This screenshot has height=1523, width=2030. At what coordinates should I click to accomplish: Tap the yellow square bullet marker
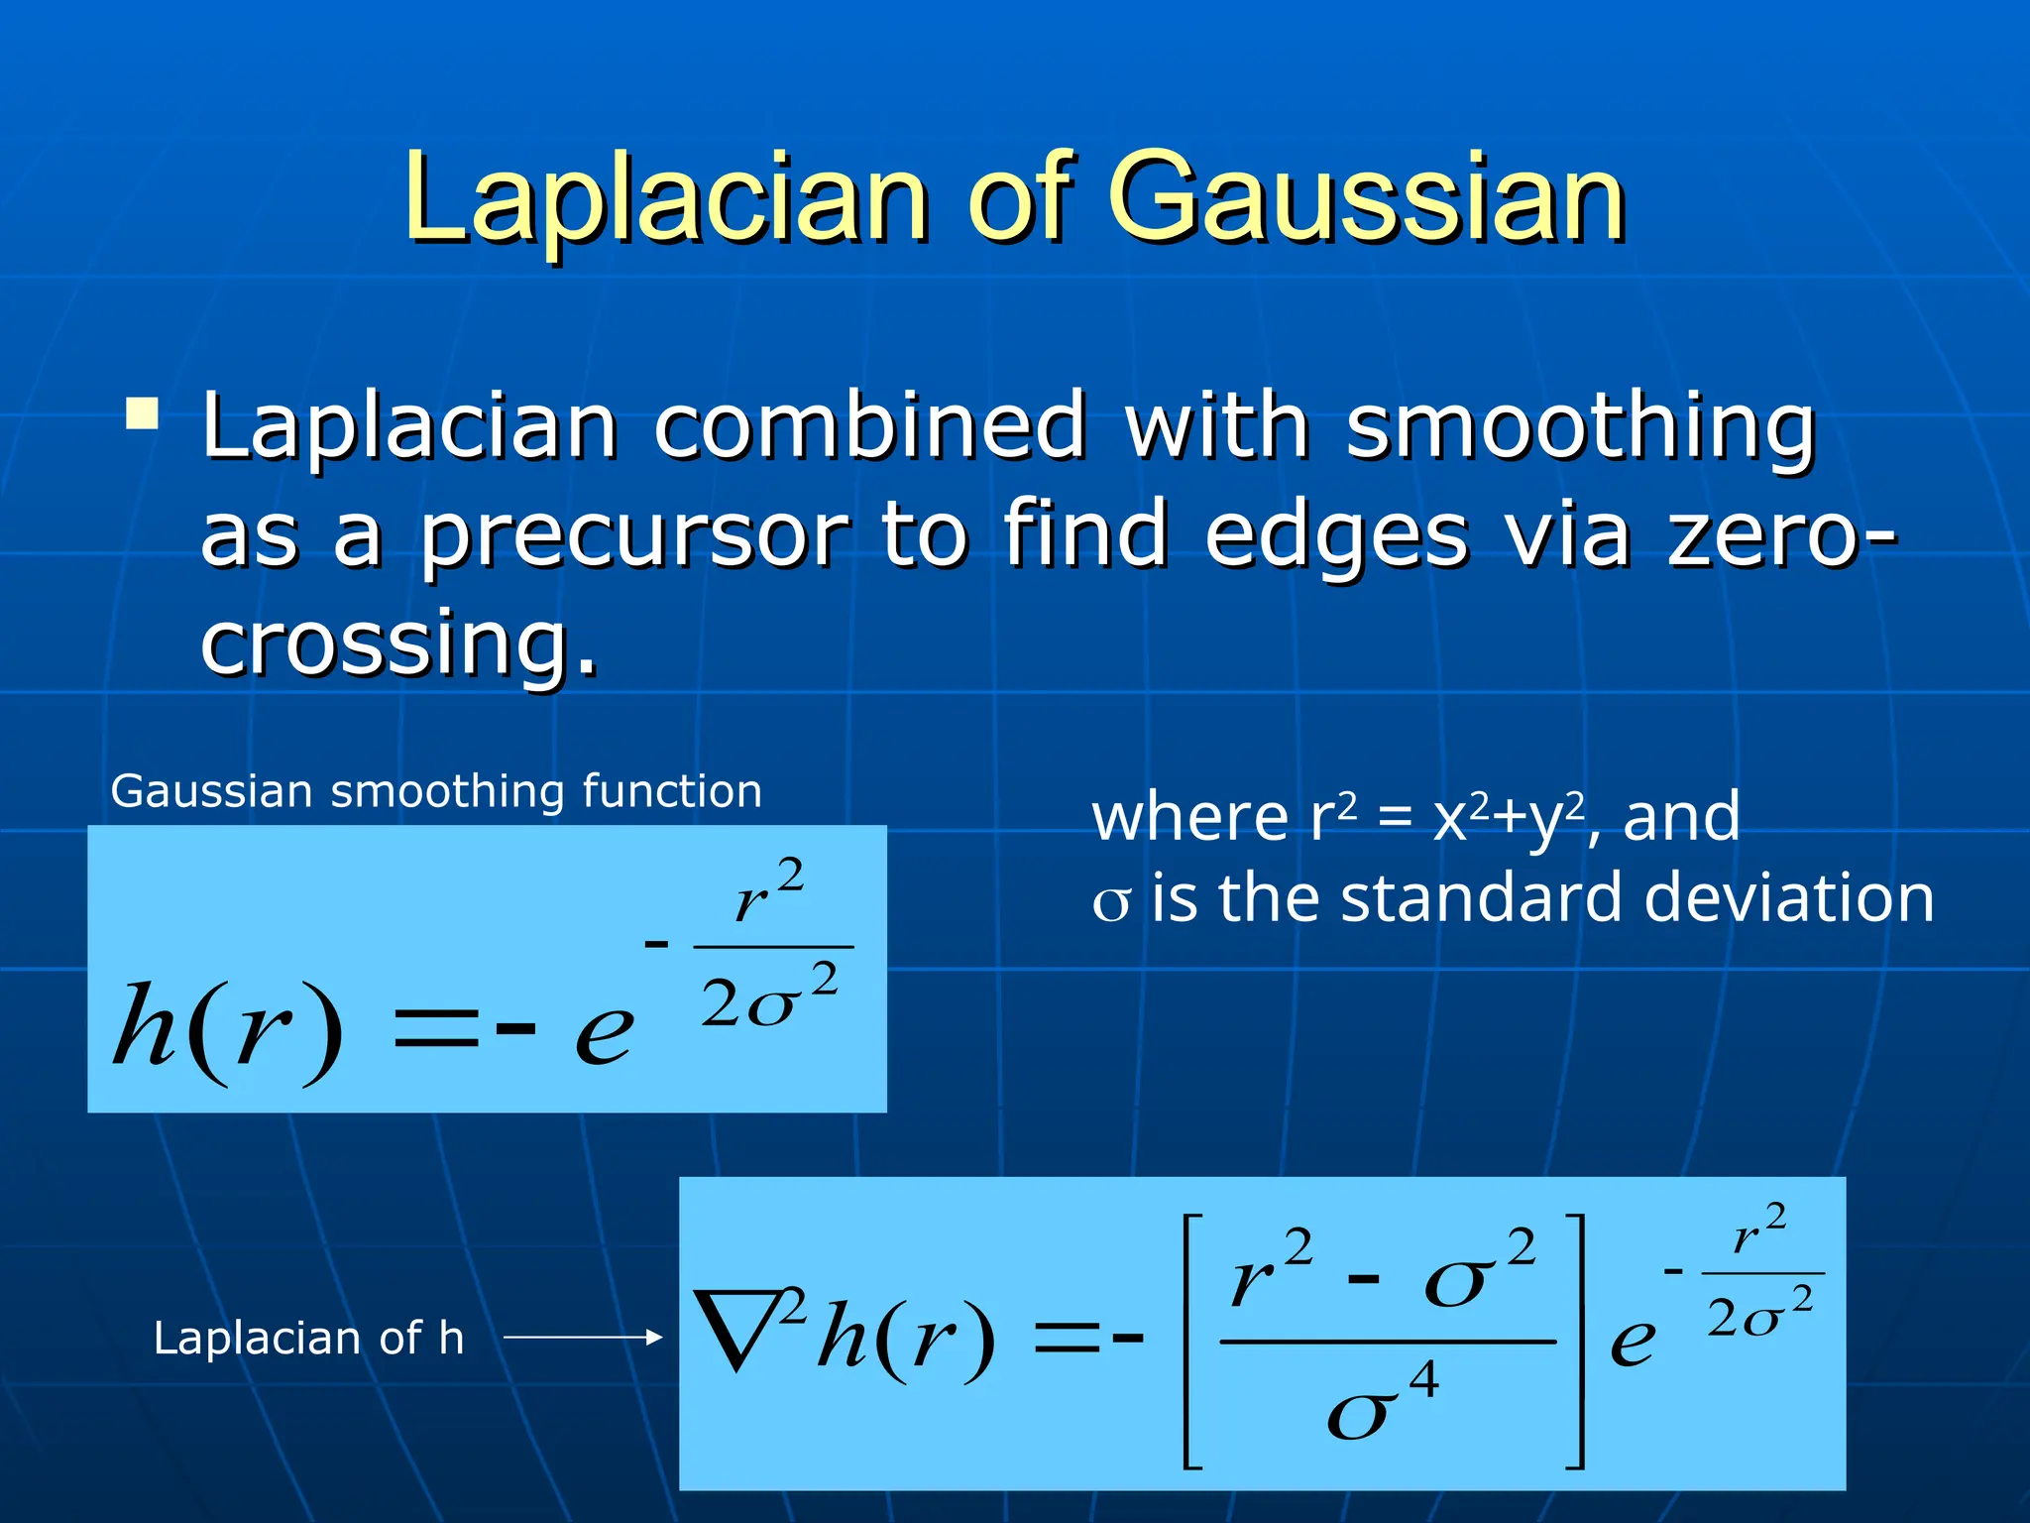pos(143,413)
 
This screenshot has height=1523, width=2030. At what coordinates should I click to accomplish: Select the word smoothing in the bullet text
pos(1580,428)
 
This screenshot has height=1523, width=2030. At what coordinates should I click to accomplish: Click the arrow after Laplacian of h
pos(583,1338)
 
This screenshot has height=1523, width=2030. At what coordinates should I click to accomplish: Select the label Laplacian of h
pos(308,1339)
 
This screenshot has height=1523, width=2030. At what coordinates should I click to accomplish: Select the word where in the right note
pos(1189,817)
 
